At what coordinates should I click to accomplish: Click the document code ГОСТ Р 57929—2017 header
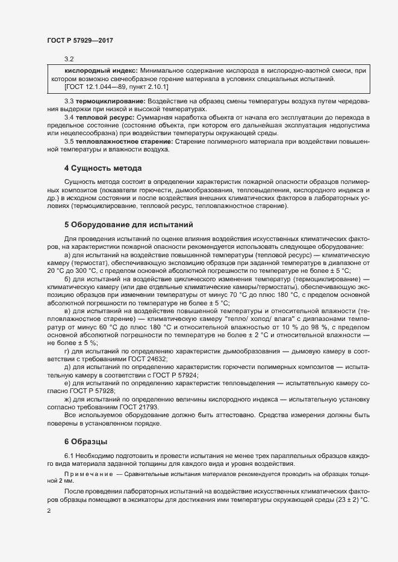[x=80, y=40]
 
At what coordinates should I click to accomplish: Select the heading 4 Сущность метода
[x=103, y=168]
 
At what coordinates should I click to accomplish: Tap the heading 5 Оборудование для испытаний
[x=128, y=225]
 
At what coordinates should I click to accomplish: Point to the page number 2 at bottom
[x=49, y=510]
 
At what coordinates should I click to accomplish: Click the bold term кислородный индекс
[x=101, y=71]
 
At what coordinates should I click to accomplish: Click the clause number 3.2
[x=69, y=58]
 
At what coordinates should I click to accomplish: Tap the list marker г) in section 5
[x=67, y=350]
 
